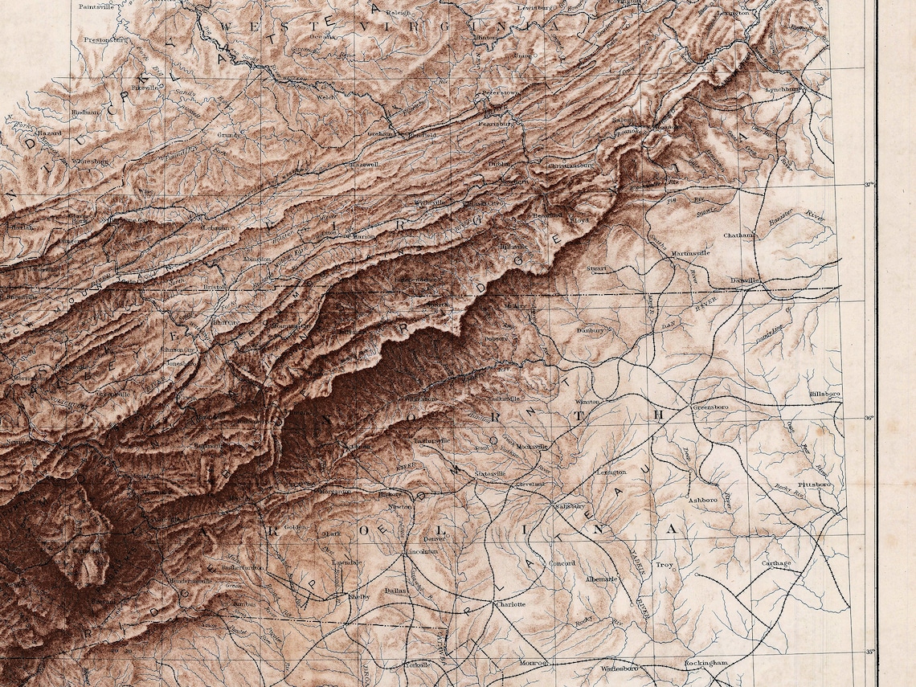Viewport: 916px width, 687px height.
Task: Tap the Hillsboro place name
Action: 824,394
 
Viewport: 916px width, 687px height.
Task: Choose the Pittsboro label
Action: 814,485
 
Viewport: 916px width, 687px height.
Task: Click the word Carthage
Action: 776,563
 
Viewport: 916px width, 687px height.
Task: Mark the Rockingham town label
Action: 705,662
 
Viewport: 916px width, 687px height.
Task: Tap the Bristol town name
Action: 215,286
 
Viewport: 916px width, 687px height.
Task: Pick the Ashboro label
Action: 703,499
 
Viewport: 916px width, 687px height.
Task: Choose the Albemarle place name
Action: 601,579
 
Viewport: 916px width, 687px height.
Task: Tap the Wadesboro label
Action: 619,668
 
